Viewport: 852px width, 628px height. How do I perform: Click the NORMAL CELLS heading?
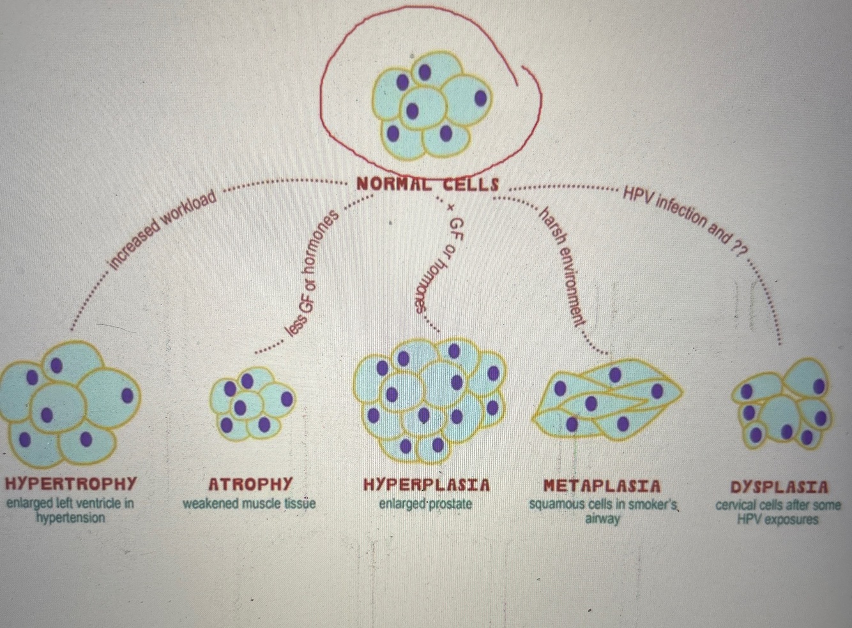[427, 184]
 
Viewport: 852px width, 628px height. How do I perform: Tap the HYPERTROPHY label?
[71, 483]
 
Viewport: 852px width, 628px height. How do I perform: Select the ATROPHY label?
[250, 484]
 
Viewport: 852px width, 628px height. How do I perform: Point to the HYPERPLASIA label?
[427, 485]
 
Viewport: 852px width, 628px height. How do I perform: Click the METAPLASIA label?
[602, 486]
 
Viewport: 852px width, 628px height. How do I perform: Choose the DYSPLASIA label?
[780, 488]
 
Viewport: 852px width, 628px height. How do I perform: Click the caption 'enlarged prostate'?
[425, 504]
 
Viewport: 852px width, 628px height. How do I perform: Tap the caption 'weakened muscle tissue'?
[249, 504]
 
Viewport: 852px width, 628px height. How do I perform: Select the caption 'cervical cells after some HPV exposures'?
[778, 512]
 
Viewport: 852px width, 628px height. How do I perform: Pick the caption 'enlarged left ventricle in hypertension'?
[70, 510]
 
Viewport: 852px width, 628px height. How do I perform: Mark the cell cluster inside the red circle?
[432, 105]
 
